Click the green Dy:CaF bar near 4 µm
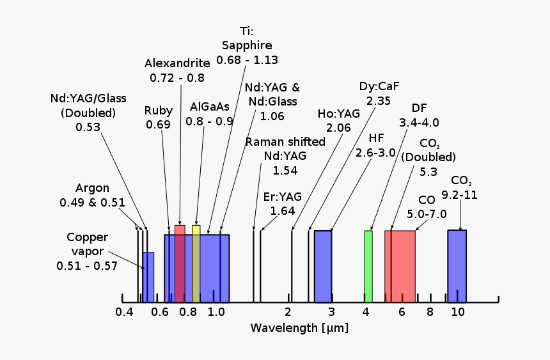[368, 266]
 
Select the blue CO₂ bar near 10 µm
[457, 266]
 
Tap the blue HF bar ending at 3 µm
[323, 266]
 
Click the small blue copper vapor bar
[148, 277]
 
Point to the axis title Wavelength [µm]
[299, 328]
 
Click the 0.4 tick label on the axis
[124, 312]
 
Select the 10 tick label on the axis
[457, 312]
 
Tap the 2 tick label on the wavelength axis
[288, 312]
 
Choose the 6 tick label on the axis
[402, 312]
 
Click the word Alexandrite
[177, 63]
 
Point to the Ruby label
[158, 110]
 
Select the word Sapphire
[247, 45]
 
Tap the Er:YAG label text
[283, 196]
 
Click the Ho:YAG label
[339, 113]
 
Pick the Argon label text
[92, 188]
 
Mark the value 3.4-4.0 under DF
[419, 122]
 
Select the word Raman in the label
[263, 141]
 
